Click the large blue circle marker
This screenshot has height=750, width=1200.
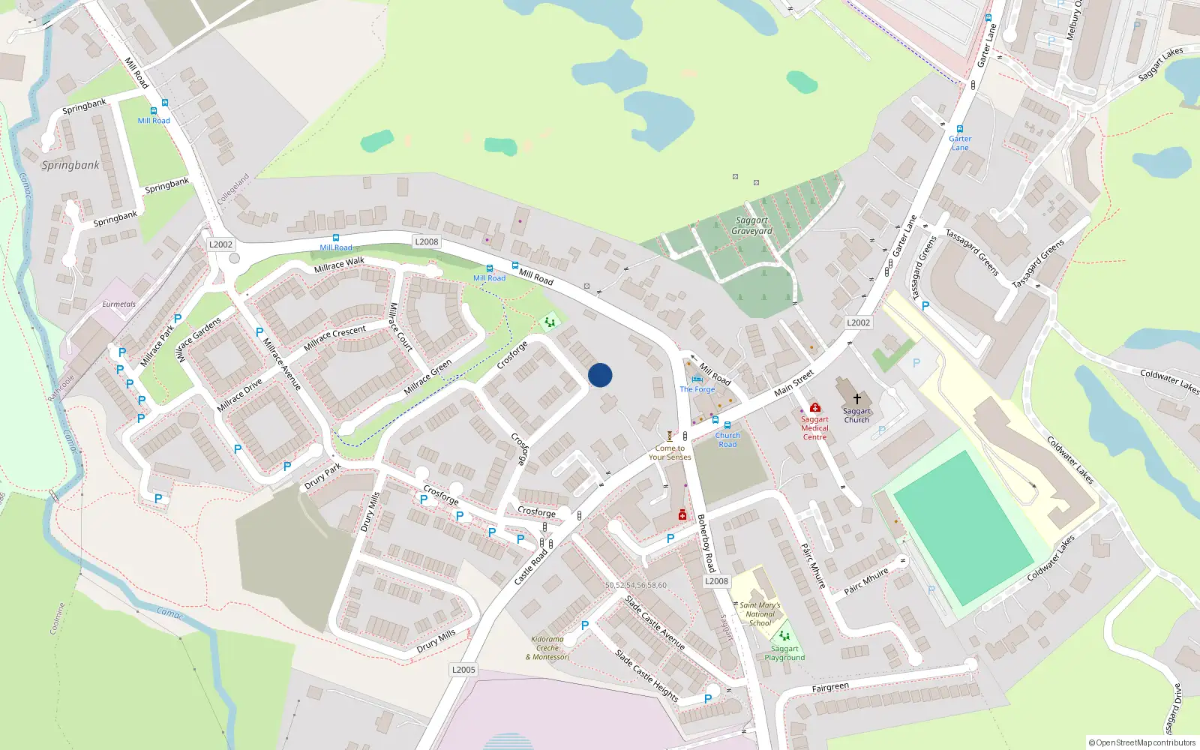(x=600, y=375)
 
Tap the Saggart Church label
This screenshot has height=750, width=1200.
(x=856, y=415)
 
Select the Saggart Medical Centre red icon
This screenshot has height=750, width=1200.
(x=815, y=407)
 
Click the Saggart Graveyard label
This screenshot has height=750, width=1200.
(x=751, y=226)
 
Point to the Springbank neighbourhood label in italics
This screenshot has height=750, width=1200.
(x=70, y=165)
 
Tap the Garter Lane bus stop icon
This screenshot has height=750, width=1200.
(x=959, y=129)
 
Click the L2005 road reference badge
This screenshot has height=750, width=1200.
(x=463, y=670)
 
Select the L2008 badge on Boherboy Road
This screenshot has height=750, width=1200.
(x=716, y=581)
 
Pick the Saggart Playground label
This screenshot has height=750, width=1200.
(x=784, y=653)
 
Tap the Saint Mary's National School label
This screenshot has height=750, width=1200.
(x=760, y=614)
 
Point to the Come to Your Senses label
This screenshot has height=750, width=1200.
(x=670, y=452)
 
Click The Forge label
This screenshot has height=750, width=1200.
(x=697, y=389)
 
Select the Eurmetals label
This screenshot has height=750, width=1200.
(x=119, y=304)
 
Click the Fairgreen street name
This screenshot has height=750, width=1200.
(x=830, y=687)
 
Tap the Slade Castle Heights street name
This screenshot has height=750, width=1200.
(x=646, y=676)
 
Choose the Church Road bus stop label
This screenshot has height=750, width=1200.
(x=727, y=439)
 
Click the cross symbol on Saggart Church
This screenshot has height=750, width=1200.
(x=856, y=399)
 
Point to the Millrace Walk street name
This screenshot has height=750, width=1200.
(x=339, y=265)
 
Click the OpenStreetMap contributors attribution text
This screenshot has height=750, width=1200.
(x=1142, y=743)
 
